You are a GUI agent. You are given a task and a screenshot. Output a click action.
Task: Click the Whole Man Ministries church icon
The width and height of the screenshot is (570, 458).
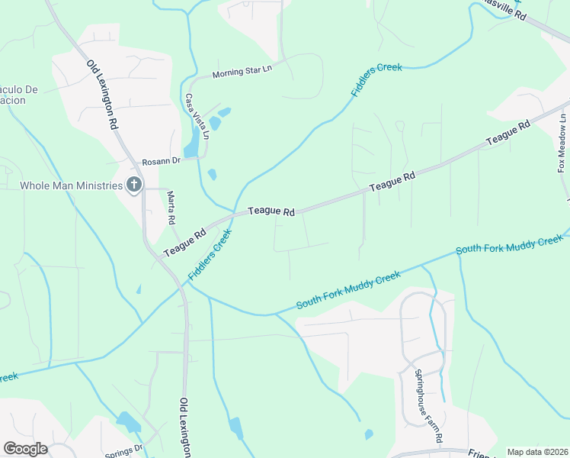pos(134,185)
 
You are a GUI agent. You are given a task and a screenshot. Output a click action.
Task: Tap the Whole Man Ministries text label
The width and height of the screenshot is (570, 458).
pos(71,185)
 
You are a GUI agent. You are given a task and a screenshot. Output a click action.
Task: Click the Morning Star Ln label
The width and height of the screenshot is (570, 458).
pos(242,73)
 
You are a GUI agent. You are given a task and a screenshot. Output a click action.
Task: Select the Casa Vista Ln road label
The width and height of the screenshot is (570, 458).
pos(197,115)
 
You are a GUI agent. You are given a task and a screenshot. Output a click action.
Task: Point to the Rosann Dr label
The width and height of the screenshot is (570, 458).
pos(160,161)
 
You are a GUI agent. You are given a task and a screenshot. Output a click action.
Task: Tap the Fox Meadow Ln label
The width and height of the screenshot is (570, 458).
pos(562,144)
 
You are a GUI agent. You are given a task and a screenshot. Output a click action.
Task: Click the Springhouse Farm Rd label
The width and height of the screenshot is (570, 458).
pos(428,406)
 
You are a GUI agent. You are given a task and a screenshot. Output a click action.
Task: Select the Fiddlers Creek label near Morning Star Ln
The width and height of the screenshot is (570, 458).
pos(376,79)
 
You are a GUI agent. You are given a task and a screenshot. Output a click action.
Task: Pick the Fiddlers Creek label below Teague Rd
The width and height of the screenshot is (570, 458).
pos(210,255)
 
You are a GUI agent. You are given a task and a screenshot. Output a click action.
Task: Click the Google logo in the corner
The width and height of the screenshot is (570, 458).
pos(25,449)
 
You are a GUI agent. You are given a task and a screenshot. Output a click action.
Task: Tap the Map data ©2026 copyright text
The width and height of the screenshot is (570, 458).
pos(537,452)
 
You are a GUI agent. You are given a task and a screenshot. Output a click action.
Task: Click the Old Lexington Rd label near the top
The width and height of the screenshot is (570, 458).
pos(102,95)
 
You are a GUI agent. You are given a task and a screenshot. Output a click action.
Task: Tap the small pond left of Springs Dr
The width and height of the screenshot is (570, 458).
pos(128,421)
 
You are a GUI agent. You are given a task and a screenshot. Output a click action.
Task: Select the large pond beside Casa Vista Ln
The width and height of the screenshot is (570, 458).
pos(192,142)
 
